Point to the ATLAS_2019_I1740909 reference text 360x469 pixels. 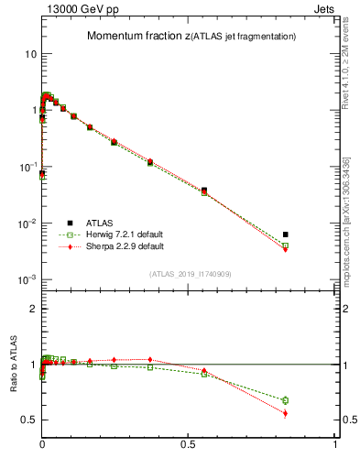coord(189,274)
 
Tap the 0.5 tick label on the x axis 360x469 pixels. coord(189,445)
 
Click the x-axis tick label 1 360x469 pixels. coord(335,445)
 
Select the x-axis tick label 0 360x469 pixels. coord(42,445)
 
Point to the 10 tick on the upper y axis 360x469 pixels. coord(30,53)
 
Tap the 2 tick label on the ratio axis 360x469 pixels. coord(33,310)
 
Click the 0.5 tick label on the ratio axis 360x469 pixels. coord(29,420)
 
